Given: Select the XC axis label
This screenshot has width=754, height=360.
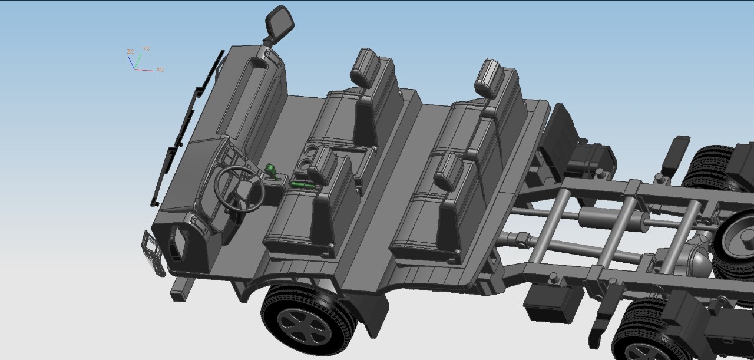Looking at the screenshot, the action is tap(160, 70).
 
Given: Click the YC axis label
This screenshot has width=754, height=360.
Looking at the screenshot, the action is tap(147, 48).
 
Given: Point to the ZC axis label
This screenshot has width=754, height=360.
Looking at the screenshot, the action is tap(130, 51).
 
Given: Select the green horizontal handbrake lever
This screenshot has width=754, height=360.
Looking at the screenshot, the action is tap(303, 185).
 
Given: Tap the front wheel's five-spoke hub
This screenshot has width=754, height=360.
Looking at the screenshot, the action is tap(305, 326).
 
